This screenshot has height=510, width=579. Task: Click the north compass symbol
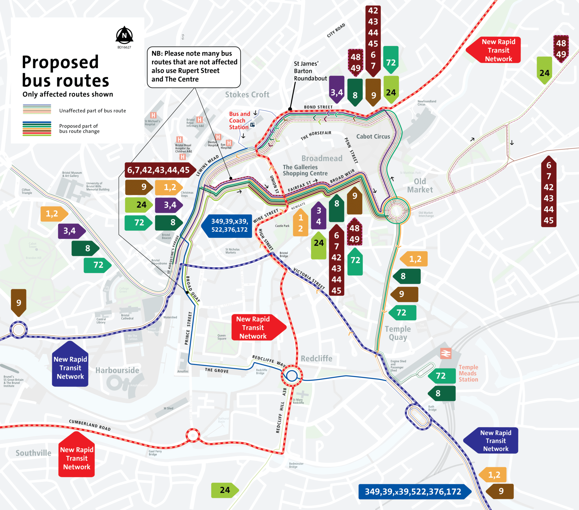pos(124,35)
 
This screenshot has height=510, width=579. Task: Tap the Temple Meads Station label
pos(468,373)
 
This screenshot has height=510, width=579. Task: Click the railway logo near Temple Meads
pos(446,353)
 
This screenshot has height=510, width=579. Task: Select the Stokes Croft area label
pos(247,95)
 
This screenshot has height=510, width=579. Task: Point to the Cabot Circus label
pos(373,136)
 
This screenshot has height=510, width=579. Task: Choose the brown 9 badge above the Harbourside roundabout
pos(19,302)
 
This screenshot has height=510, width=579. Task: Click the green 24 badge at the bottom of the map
pos(224,490)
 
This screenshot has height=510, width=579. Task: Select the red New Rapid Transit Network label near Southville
pos(77,458)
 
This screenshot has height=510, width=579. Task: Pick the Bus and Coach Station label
pos(239,121)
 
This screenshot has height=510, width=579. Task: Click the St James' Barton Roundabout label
pos(310,71)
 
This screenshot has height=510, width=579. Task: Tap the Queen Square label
pos(222,337)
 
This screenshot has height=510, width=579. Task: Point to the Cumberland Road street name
pos(90,425)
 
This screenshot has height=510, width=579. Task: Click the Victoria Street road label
pos(309,278)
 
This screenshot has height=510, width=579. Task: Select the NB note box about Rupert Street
pos(194,67)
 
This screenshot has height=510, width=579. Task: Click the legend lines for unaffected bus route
pos(37,109)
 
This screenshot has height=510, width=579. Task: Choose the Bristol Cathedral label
pos(127,317)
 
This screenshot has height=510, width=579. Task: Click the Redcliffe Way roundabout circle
pos(292,375)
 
